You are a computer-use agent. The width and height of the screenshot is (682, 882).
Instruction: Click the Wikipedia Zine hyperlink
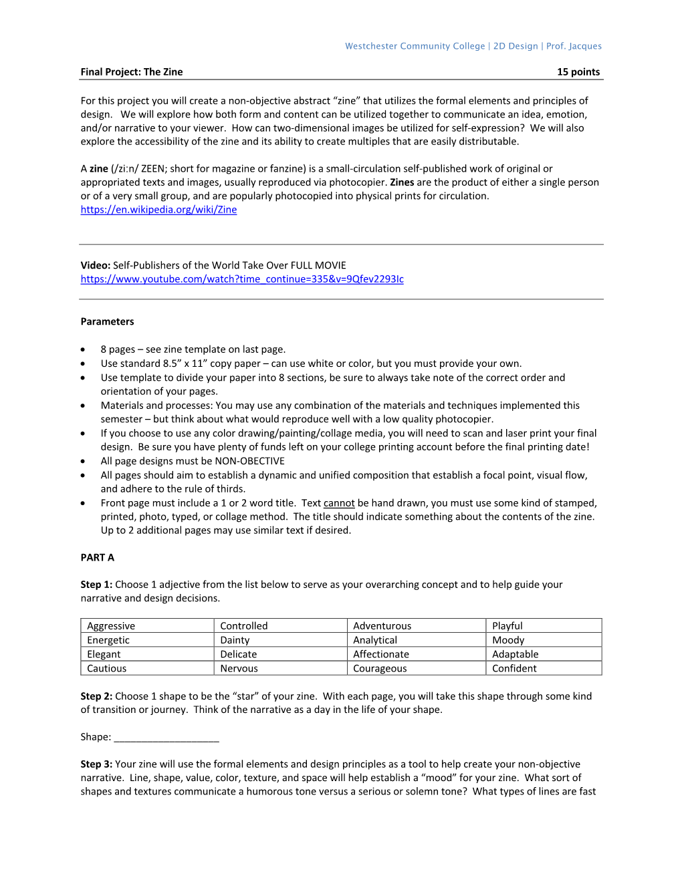158,210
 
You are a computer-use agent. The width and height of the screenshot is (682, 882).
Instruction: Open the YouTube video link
242,279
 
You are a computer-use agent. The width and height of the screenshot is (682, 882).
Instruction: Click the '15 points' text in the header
578,72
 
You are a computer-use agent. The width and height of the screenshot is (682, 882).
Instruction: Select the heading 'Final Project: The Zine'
132,72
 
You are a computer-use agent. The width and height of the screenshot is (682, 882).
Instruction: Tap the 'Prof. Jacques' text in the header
574,46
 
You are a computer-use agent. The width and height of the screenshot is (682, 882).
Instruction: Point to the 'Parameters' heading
107,321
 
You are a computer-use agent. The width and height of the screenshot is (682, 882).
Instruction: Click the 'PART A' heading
98,557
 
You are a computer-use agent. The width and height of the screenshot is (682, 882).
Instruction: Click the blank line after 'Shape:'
166,738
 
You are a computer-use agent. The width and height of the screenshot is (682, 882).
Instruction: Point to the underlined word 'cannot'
339,503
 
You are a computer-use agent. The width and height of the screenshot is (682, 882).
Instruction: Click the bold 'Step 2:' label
96,696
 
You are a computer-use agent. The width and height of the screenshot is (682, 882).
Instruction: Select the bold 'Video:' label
96,265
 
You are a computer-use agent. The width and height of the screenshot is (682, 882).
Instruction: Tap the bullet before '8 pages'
83,349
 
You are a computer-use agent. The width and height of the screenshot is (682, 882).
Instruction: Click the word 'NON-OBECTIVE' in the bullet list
249,461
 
